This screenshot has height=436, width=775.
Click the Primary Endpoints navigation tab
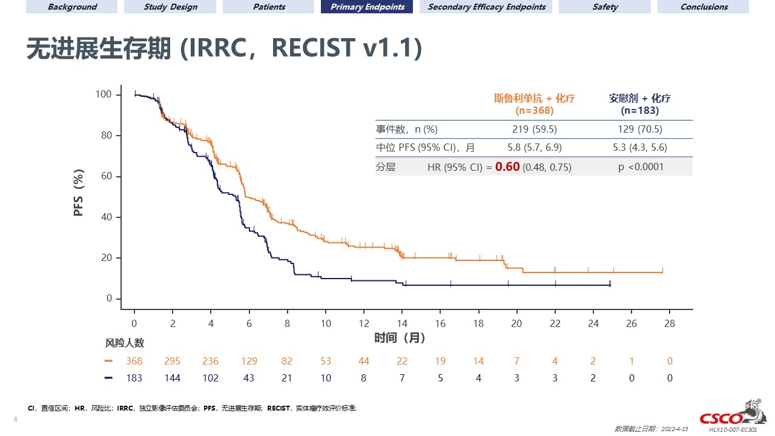pos(367,7)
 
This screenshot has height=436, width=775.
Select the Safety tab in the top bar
pos(605,7)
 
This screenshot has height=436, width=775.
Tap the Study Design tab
pos(170,7)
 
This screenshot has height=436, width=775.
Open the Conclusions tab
pos(704,7)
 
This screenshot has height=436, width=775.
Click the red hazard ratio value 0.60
pos(507,167)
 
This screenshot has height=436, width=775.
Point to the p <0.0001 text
pos(641,167)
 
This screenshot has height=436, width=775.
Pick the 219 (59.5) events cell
pos(534,129)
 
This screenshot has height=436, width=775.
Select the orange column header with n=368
pos(534,104)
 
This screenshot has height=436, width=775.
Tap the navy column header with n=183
pos(640,104)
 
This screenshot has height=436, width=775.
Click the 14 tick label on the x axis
pos(402,323)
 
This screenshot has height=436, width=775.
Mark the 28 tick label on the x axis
pos(669,323)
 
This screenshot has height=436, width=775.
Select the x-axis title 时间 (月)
pos(400,338)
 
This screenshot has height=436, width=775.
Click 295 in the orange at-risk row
pos(173,361)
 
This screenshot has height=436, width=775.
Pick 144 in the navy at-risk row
pos(173,378)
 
